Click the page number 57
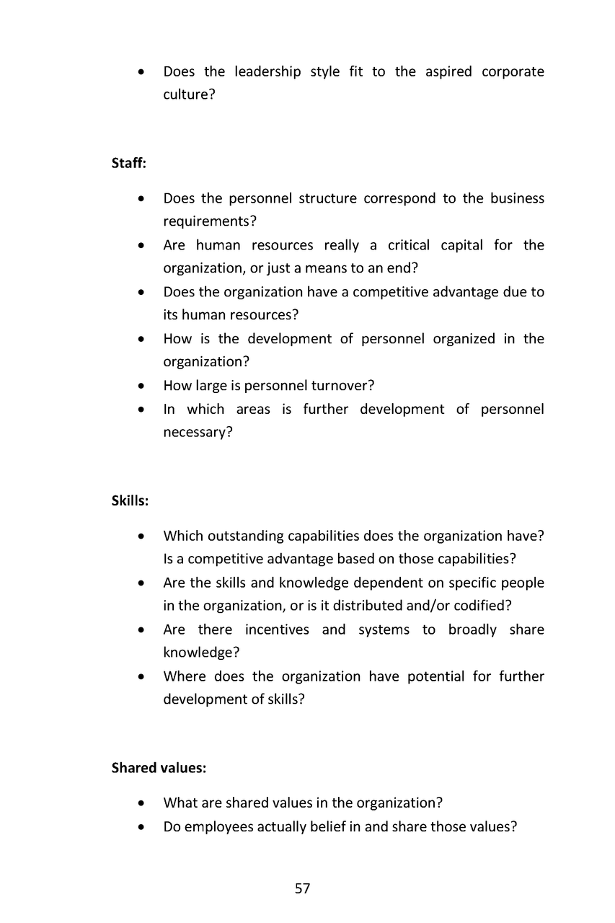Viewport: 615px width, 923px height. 303,888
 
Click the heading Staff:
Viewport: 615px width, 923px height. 129,164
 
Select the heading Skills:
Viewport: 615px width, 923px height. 130,500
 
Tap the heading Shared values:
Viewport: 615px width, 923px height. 159,768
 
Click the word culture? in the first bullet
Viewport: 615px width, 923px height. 189,94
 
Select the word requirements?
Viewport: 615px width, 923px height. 210,221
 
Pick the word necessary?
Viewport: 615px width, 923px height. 198,433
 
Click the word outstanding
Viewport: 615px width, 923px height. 249,536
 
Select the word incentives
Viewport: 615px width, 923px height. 277,630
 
